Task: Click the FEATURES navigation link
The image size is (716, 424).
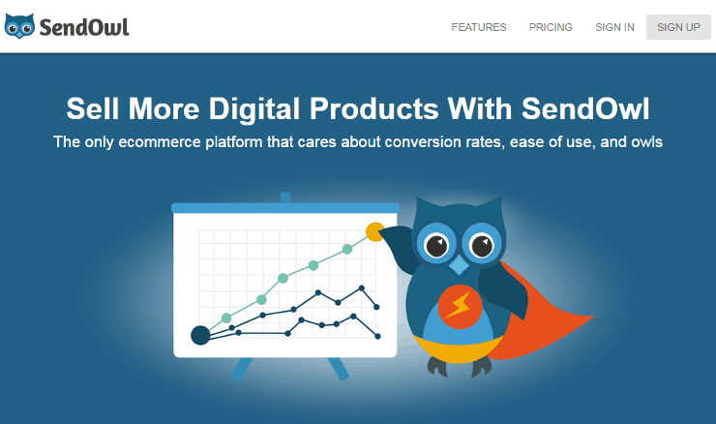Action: point(479,27)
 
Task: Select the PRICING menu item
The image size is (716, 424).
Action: point(551,27)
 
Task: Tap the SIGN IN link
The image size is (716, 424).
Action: point(614,27)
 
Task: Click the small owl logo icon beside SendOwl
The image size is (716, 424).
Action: point(19,26)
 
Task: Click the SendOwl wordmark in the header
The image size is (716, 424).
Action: point(84,27)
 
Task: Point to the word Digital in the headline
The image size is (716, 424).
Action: point(254,108)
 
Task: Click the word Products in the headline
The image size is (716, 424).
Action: point(374,108)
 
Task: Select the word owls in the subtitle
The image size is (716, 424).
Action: point(646,141)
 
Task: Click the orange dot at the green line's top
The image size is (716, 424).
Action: point(375,232)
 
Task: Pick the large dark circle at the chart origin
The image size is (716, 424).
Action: point(200,335)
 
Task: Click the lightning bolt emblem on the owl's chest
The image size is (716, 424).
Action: point(459,305)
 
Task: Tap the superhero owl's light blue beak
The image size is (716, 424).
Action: point(459,264)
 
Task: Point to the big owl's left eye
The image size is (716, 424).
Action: point(436,245)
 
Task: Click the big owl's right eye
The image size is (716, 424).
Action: point(481,245)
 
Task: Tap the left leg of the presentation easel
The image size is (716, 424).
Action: point(242,369)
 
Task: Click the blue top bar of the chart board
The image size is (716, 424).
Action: point(285,208)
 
